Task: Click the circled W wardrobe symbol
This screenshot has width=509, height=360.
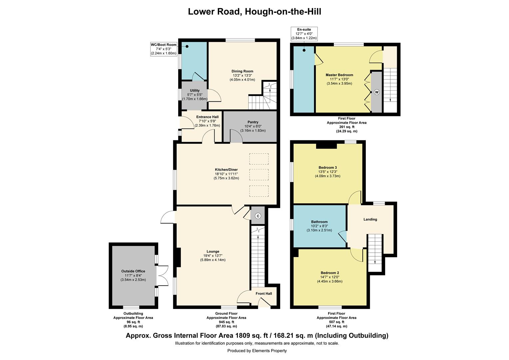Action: tap(376, 92)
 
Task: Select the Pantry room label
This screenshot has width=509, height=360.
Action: tap(253, 122)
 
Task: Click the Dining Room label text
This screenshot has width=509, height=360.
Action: tap(242, 71)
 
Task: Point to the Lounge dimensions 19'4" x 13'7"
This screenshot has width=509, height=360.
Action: tap(213, 256)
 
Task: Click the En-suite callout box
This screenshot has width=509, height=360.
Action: tap(304, 34)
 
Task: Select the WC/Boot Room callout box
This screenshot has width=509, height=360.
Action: tap(163, 49)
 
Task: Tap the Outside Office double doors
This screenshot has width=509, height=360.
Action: tap(162, 276)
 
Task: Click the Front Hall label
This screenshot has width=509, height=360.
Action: tap(263, 294)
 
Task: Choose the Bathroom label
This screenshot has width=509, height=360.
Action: tap(319, 222)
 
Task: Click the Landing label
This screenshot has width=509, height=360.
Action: tap(370, 219)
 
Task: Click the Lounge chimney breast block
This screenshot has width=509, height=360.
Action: tap(178, 257)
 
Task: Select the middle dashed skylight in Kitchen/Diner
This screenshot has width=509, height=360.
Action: tap(259, 175)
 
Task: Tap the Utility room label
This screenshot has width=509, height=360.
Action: tap(195, 90)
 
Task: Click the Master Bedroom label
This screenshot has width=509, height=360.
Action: tap(339, 75)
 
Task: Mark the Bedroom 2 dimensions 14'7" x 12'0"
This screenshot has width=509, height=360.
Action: tap(329, 277)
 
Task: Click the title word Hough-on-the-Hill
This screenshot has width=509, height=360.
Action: tap(283, 12)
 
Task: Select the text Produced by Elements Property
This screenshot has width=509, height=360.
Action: tap(257, 351)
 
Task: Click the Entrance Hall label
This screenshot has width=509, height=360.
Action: tap(207, 117)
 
